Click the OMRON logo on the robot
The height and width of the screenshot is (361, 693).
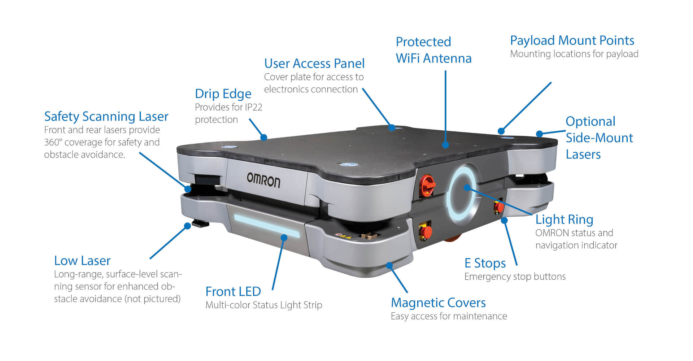point(263,179)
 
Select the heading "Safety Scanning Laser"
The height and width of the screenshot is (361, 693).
point(106,117)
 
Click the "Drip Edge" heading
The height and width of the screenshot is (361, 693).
point(223,94)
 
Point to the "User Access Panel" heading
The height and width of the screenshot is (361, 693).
point(314,64)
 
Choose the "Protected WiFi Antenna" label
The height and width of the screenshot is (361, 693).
point(433,50)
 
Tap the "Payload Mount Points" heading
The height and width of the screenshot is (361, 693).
point(572,40)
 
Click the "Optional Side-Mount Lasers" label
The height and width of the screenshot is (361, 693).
point(599,138)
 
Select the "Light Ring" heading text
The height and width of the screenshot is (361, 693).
point(564,219)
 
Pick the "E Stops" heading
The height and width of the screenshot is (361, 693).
point(485,263)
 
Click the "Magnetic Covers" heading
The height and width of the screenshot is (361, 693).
point(438,303)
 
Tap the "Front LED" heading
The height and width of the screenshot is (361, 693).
point(233,291)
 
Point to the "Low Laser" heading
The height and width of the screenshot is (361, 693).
point(82,261)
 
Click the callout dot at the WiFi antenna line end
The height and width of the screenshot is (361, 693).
point(445,145)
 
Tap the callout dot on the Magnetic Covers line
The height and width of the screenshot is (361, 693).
point(389,266)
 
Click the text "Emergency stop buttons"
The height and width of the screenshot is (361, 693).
point(515,277)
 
